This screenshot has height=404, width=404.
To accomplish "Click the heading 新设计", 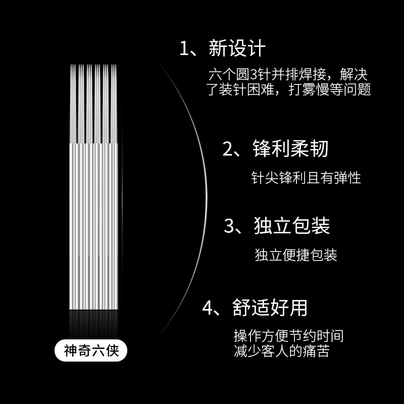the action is [236, 49].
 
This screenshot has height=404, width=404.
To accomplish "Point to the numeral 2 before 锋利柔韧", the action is [228, 149].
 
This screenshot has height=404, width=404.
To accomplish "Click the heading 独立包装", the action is [292, 226].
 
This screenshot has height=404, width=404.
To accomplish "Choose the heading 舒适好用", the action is [270, 307].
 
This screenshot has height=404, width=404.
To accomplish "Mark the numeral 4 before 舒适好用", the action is [207, 308].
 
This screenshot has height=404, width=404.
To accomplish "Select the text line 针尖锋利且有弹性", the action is [306, 178].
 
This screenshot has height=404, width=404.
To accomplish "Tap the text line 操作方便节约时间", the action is [288, 336].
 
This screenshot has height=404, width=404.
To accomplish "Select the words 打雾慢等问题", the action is [330, 90].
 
